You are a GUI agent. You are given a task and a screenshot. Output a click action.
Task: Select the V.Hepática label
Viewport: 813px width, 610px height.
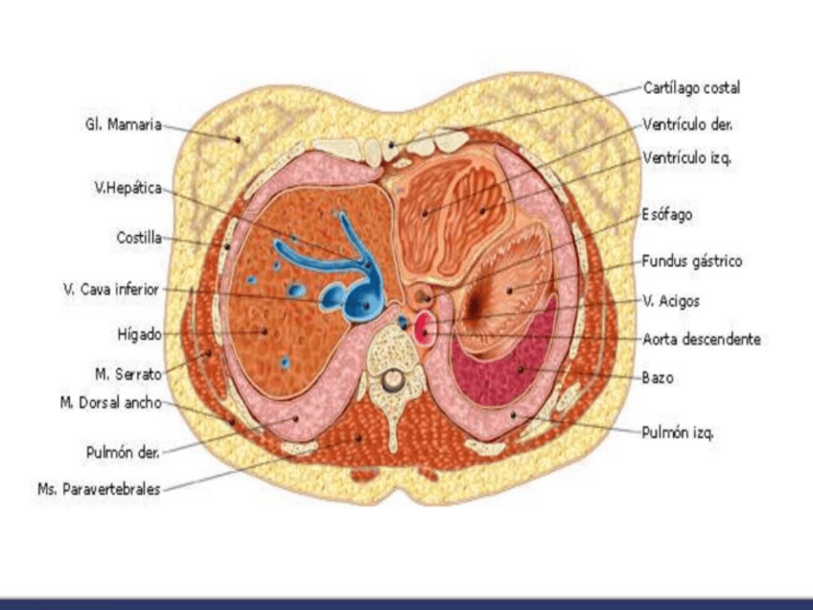point(127,189)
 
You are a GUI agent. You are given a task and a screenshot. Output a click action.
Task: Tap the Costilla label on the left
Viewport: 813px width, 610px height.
point(138,237)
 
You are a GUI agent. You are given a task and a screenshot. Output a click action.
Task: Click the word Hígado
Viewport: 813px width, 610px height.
point(138,335)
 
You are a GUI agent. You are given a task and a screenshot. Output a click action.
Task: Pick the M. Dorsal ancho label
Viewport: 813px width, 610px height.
point(110,403)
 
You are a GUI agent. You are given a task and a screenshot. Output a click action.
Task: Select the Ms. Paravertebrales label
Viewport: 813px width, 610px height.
point(99,490)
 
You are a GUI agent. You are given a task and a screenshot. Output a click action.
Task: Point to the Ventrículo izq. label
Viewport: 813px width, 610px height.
point(687,156)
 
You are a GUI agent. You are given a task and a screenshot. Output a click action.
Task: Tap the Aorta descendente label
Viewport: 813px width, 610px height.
point(702,340)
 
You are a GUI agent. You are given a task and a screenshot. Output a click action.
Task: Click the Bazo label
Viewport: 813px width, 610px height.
point(658,378)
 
